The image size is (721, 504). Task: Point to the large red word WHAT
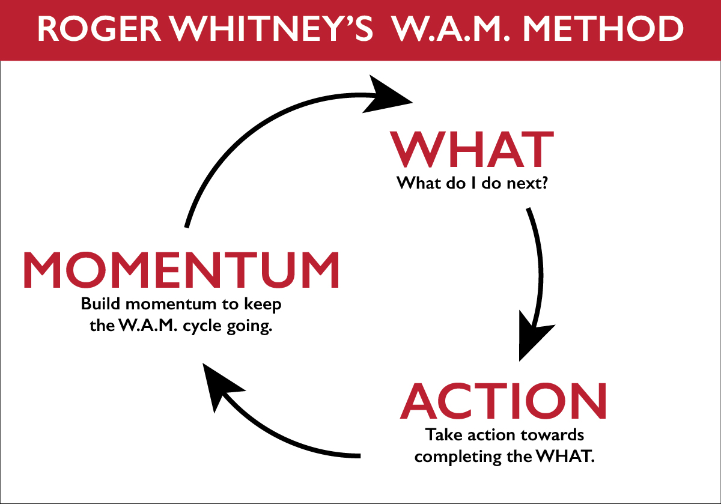(472, 150)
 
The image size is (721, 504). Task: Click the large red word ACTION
(503, 401)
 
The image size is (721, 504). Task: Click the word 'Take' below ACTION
(440, 434)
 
